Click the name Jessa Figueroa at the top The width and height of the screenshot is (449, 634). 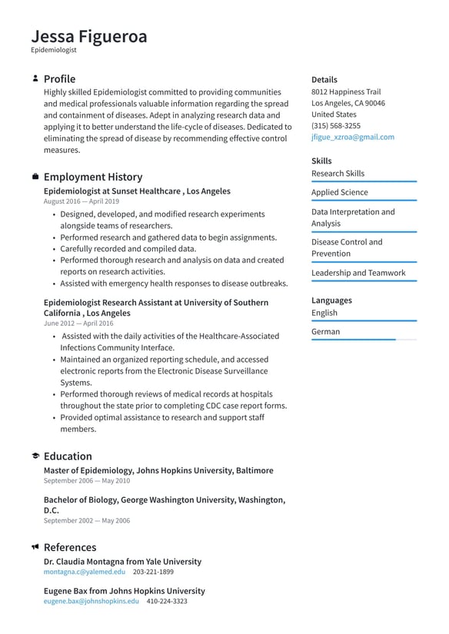click(x=89, y=36)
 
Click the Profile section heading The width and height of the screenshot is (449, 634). click(x=59, y=78)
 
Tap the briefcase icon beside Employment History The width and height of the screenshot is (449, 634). click(x=35, y=177)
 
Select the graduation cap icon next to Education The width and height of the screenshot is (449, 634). click(x=35, y=456)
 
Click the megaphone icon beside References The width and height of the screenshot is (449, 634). click(x=35, y=547)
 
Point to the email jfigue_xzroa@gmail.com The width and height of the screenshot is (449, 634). click(x=352, y=137)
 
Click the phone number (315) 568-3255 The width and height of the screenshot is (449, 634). click(x=335, y=125)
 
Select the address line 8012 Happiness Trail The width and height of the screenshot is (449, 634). click(x=345, y=91)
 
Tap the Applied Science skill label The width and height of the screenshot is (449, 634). click(x=339, y=192)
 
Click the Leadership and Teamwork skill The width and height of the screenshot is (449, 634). click(x=358, y=273)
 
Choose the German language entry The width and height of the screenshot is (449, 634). click(x=325, y=332)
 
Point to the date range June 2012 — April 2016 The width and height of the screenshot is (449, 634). click(x=78, y=324)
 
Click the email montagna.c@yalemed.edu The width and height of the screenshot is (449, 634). click(x=84, y=572)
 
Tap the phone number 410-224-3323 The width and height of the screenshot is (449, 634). click(x=167, y=601)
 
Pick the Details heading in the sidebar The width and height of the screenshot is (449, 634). click(x=324, y=79)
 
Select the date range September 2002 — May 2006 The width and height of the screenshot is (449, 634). click(x=86, y=520)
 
